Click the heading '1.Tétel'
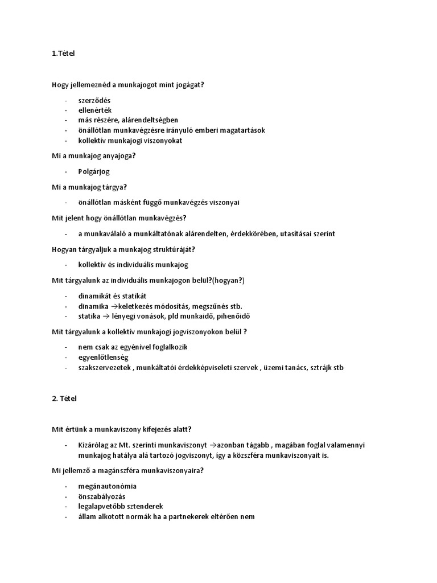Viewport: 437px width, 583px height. coord(63,54)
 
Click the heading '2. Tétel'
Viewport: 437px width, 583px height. coord(64,399)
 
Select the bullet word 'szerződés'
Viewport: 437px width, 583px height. coord(95,100)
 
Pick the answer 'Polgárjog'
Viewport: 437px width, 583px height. coord(94,171)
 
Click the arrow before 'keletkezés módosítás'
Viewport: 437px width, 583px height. coord(113,306)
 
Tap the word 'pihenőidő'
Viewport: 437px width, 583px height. coord(233,316)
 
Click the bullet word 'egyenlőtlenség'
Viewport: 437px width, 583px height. coord(104,357)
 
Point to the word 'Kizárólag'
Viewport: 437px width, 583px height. coord(94,445)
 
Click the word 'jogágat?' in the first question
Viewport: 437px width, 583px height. coord(188,84)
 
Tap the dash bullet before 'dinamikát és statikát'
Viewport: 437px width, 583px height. coord(67,296)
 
